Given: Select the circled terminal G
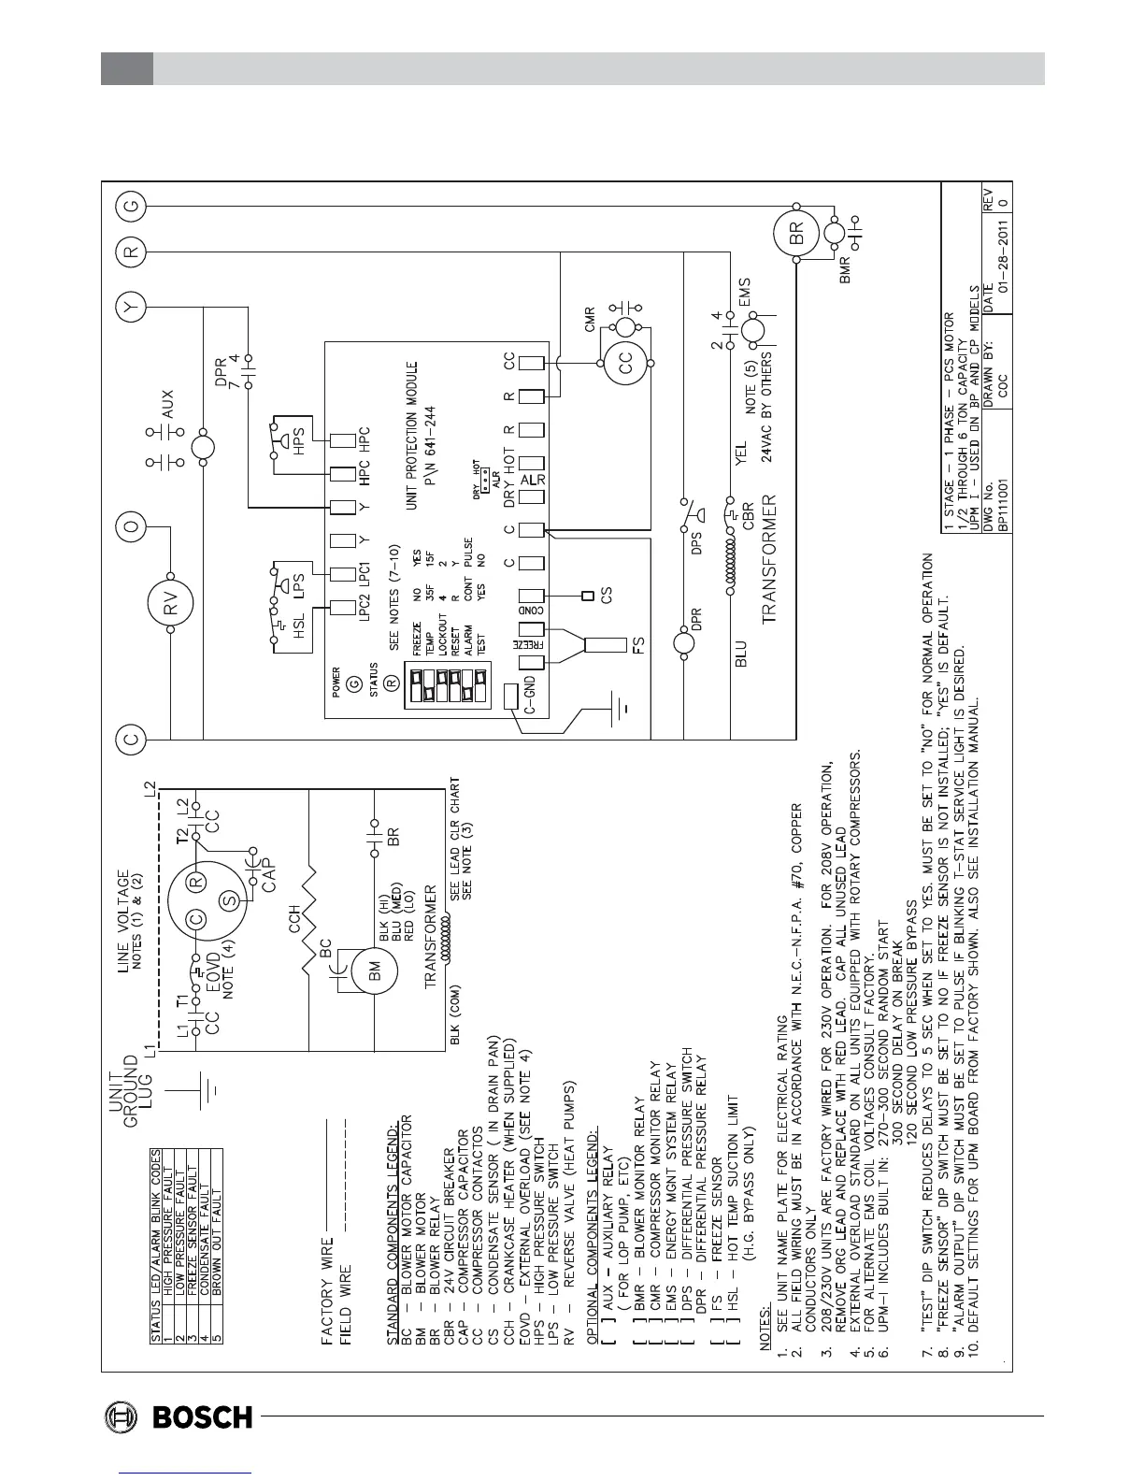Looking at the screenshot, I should click(x=132, y=205).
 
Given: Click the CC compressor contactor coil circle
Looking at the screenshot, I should click(x=625, y=357).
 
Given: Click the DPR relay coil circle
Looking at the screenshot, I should click(x=685, y=642).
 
